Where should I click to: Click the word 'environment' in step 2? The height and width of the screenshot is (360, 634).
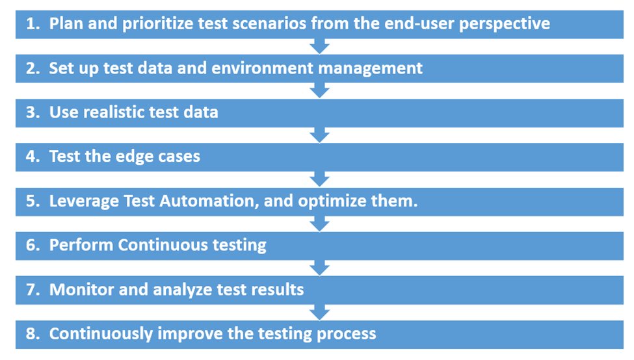(262, 68)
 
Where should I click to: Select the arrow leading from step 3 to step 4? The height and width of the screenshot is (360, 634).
(319, 135)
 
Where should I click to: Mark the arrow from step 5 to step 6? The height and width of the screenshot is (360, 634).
(319, 224)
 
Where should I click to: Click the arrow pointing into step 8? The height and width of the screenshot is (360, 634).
(319, 313)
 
